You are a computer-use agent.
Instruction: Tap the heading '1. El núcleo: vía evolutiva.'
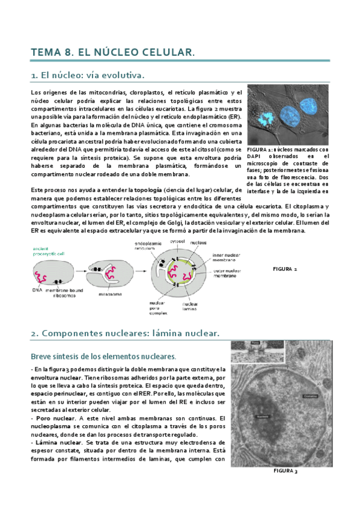88,76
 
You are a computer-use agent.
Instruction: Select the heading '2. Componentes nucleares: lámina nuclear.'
125,333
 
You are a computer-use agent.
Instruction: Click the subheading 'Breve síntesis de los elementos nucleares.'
103,357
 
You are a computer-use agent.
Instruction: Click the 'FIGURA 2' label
285,268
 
